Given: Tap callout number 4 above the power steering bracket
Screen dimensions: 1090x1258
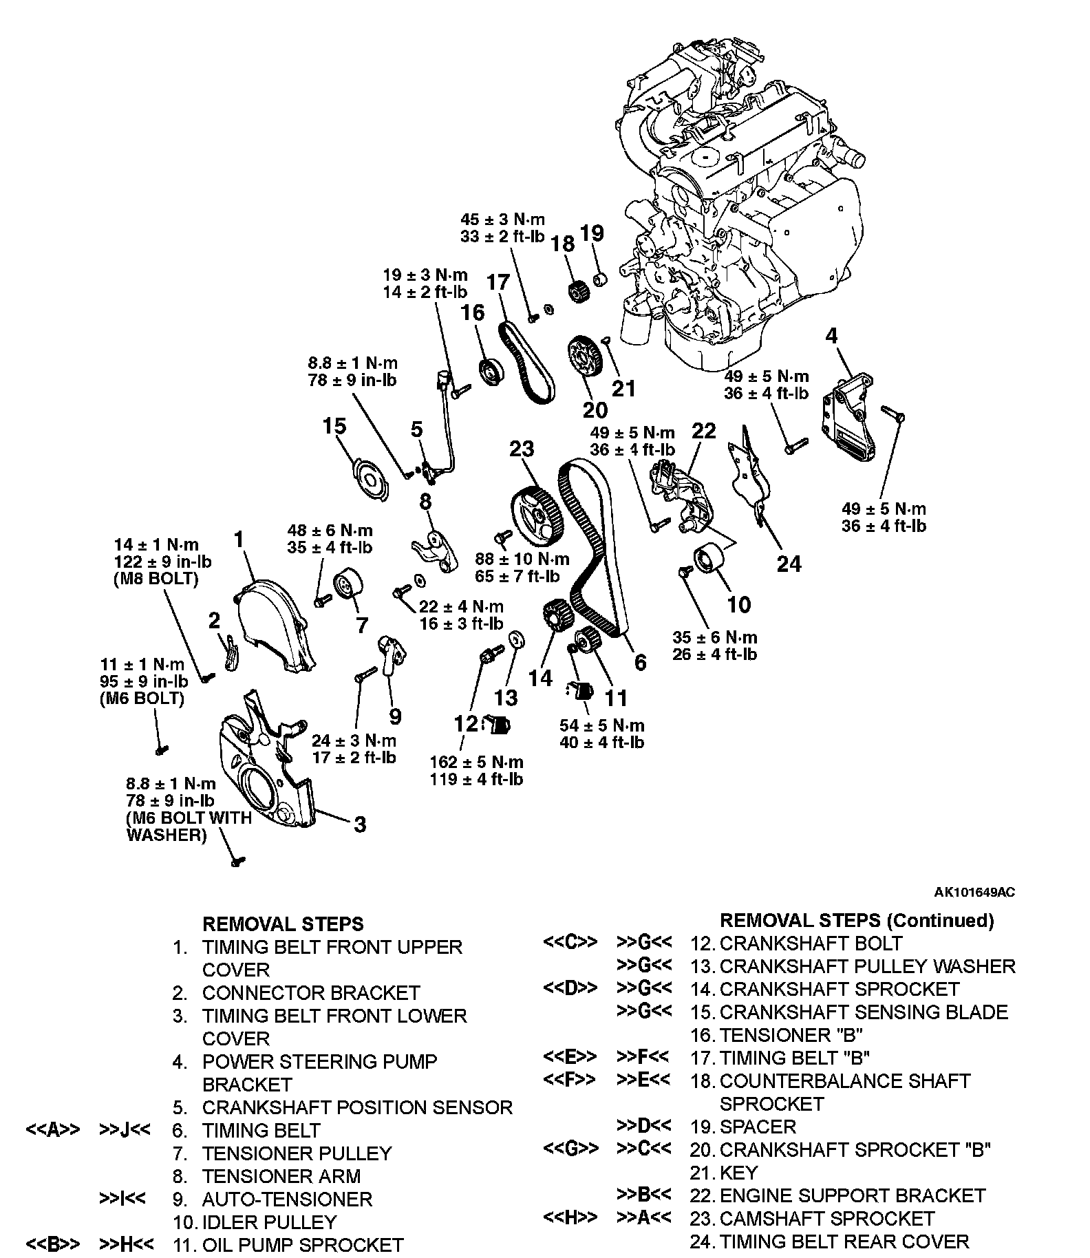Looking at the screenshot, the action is click(x=832, y=336).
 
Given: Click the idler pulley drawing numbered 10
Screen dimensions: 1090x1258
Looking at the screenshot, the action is click(x=708, y=557).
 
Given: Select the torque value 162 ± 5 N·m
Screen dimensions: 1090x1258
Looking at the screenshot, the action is click(x=476, y=762).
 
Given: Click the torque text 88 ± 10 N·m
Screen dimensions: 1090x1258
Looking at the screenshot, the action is click(x=522, y=559).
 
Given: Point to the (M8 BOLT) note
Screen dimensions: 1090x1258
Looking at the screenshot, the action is click(x=156, y=579).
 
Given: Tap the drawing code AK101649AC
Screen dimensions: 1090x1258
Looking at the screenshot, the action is click(x=974, y=893).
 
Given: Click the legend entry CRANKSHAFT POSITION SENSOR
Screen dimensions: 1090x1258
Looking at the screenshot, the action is click(x=357, y=1107).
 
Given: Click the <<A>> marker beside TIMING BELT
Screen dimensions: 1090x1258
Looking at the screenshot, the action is click(x=53, y=1130).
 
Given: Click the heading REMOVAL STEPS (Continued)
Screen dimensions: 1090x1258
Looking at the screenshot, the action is click(x=857, y=920).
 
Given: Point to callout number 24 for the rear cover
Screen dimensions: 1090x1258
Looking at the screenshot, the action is click(x=789, y=564).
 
